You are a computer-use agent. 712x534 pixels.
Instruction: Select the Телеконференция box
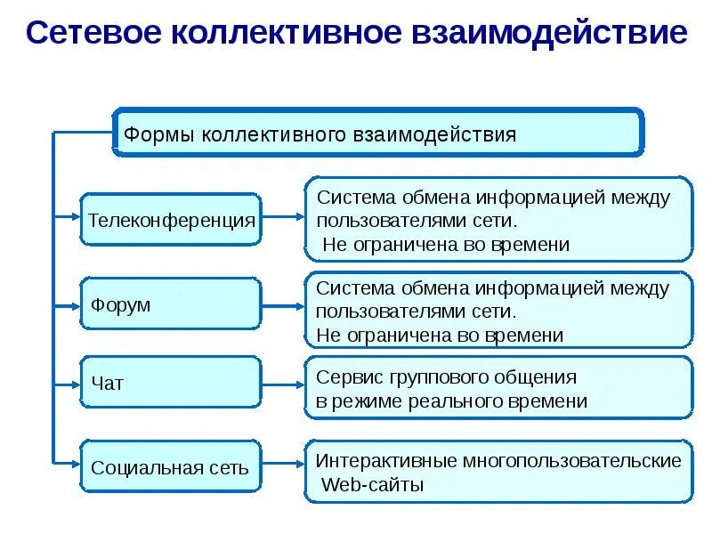(x=172, y=219)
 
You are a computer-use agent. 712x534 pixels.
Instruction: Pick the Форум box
(x=172, y=305)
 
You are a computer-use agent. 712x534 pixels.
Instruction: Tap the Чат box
(x=172, y=384)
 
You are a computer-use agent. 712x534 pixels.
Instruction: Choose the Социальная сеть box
(x=172, y=466)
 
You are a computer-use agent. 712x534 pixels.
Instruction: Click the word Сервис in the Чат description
(x=347, y=376)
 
